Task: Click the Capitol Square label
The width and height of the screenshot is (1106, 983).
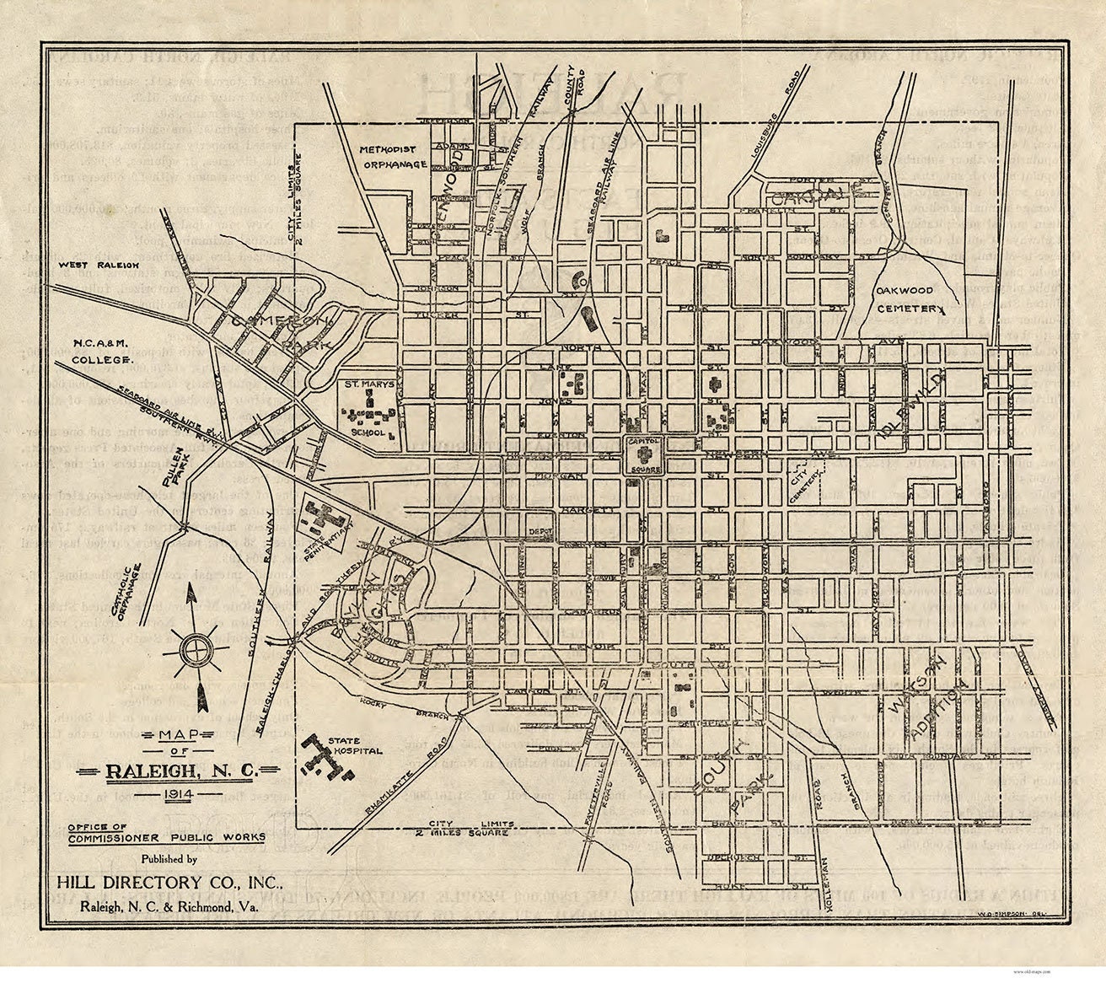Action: [x=644, y=443]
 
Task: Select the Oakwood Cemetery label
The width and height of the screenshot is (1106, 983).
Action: [x=909, y=299]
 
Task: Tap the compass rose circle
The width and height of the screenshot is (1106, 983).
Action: [x=198, y=649]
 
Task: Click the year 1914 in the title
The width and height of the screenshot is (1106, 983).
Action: [x=183, y=795]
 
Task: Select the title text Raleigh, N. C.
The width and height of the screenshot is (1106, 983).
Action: [x=183, y=771]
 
